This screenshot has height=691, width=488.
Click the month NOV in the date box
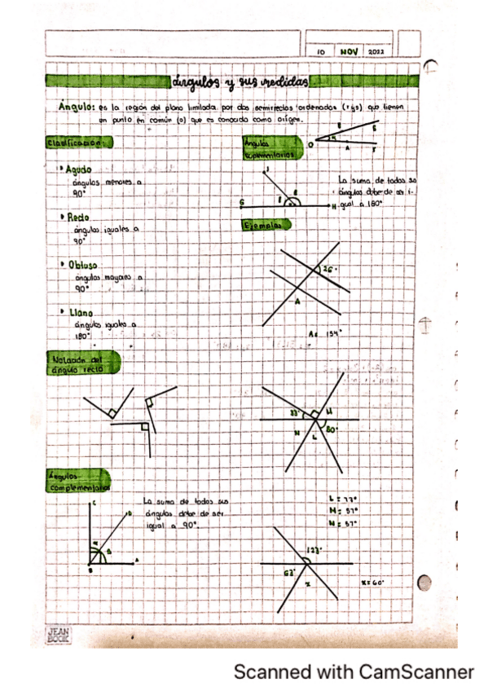click(350, 51)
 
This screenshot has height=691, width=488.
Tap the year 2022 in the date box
click(376, 51)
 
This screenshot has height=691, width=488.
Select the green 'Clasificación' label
click(78, 143)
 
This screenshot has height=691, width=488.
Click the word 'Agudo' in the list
click(79, 170)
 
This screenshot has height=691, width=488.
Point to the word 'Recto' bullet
click(77, 218)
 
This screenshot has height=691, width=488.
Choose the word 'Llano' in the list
click(80, 311)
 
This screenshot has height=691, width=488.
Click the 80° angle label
click(331, 429)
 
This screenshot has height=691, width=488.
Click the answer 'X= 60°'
click(372, 583)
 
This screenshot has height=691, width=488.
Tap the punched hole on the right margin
click(424, 583)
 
